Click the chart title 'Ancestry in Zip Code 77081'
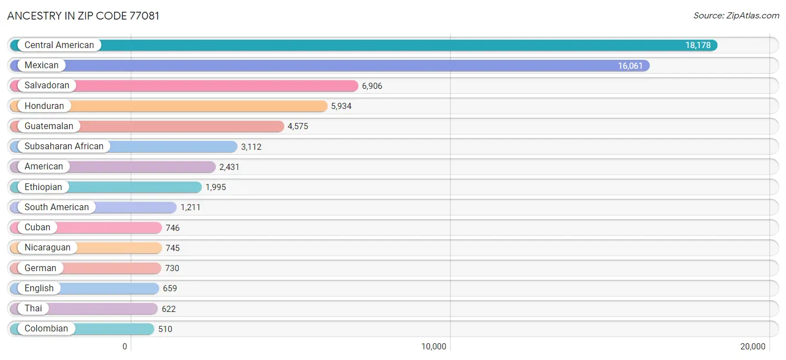point(83,16)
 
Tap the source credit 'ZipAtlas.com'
point(752,16)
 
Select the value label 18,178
point(698,45)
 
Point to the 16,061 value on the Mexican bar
point(630,65)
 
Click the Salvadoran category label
point(46,86)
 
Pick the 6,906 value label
point(372,86)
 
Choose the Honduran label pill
point(44,106)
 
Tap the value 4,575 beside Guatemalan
point(298,126)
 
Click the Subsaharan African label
point(64,146)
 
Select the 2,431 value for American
point(230,167)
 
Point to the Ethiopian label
point(43,187)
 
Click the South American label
point(56,207)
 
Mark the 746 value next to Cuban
point(173,228)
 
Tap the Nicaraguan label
point(48,248)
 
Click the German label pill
point(40,268)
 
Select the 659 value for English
point(170,288)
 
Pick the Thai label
point(34,308)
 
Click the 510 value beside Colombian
point(165,329)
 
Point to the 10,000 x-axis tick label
point(434,347)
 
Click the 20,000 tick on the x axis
point(753,347)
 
